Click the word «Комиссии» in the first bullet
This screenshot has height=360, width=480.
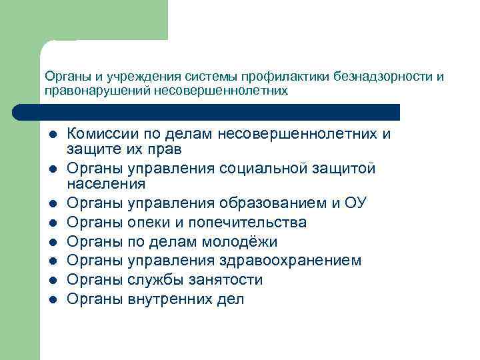(102, 134)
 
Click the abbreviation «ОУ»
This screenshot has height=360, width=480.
(355, 203)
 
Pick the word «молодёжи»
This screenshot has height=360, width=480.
(242, 241)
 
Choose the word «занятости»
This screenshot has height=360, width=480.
(229, 280)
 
